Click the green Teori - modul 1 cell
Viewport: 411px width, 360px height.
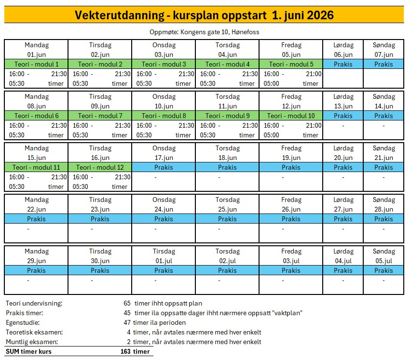click(x=37, y=64)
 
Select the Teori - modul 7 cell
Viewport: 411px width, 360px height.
click(x=100, y=116)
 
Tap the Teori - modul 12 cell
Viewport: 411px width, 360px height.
click(x=100, y=167)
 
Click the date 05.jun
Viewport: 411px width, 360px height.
click(x=291, y=54)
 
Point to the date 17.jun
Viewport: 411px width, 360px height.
click(x=164, y=158)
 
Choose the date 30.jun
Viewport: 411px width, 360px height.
click(x=100, y=261)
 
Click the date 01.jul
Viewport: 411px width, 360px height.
click(x=164, y=261)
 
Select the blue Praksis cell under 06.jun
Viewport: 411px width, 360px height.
click(x=343, y=64)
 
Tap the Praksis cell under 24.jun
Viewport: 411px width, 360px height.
click(x=164, y=219)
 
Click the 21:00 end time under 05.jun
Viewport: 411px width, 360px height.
click(x=314, y=74)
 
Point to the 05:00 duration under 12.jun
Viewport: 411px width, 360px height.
click(x=272, y=135)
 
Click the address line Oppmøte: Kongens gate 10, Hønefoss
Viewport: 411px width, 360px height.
click(x=205, y=32)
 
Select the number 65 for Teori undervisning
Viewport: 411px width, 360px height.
click(x=127, y=304)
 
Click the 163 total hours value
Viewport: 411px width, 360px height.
click(x=125, y=351)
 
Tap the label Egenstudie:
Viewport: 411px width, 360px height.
click(x=23, y=322)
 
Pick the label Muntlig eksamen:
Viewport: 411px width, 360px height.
click(x=32, y=342)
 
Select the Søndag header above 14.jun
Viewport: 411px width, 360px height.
click(x=384, y=97)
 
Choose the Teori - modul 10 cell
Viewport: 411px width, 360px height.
click(x=291, y=116)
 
